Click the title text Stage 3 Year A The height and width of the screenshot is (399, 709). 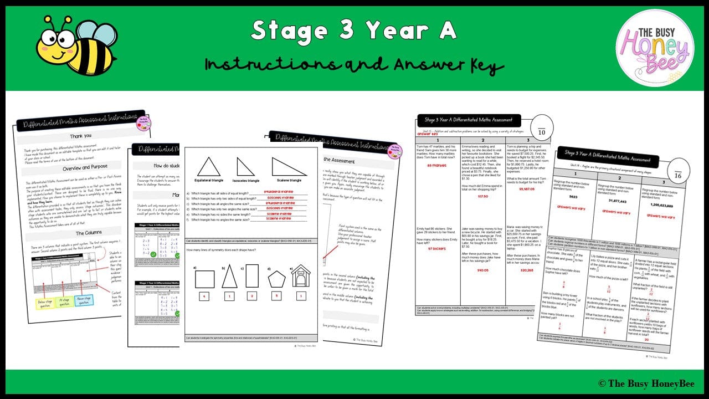354,30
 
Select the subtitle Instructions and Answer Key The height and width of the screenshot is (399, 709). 354,65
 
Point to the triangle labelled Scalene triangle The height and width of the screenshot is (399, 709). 289,167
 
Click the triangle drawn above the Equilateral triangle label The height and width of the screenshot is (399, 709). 209,166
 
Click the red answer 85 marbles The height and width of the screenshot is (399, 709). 436,165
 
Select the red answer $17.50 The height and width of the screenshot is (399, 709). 482,196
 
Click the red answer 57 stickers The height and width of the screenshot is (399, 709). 436,248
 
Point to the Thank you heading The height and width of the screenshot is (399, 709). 81,136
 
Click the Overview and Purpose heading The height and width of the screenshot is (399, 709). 80,166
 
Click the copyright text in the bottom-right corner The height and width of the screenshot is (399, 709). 645,383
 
